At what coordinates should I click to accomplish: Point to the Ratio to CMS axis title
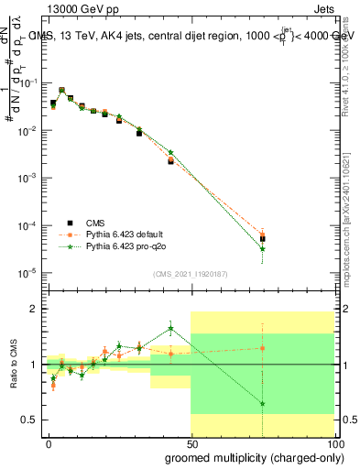[x=12, y=365]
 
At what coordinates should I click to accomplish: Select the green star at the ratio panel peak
[x=170, y=329]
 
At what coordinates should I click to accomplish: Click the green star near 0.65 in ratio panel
[x=263, y=403]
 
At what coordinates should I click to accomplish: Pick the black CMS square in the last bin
[x=263, y=238]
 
